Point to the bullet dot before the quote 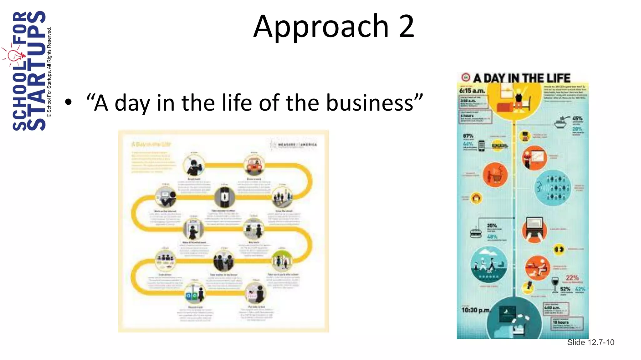click(x=69, y=102)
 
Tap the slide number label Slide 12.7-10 click(x=591, y=342)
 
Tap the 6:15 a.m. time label click(x=472, y=91)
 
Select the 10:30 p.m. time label click(x=475, y=310)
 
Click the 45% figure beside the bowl click(x=577, y=118)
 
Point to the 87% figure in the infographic click(x=468, y=136)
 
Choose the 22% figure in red click(x=572, y=277)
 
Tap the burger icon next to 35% click(x=476, y=233)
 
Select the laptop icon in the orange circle click(x=534, y=230)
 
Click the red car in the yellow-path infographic click(x=254, y=166)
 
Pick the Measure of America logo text click(x=297, y=145)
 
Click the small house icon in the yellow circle click(x=476, y=198)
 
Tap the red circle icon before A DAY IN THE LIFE click(x=466, y=77)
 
